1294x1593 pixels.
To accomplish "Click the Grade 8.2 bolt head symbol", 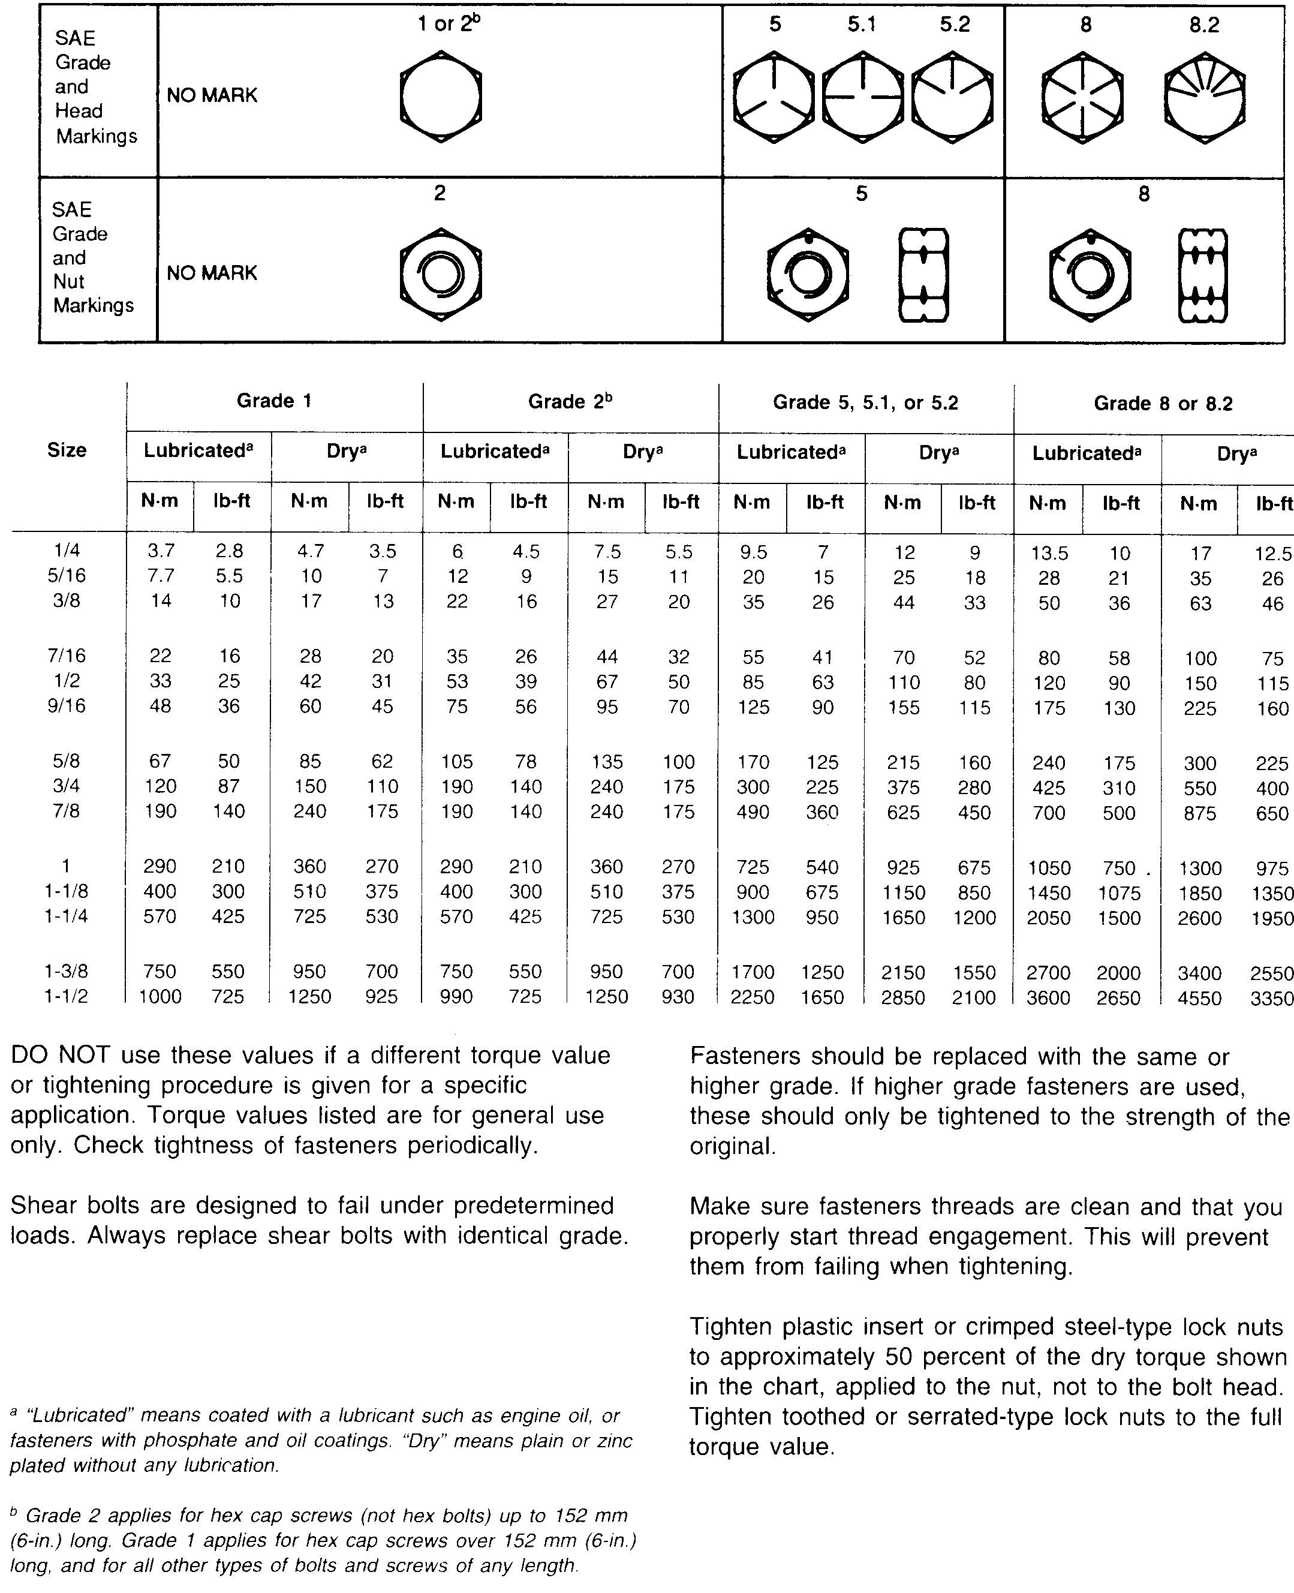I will point(1204,97).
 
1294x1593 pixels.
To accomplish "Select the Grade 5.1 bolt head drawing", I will point(862,97).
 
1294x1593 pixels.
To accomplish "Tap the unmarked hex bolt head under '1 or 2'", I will point(441,97).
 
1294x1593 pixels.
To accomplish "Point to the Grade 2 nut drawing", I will point(441,274).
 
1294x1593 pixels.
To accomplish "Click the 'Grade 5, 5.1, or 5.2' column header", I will point(865,402).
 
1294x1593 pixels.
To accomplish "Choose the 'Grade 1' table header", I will point(273,401).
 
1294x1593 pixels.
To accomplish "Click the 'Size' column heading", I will point(67,450).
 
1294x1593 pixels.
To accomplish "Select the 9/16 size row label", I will point(67,705).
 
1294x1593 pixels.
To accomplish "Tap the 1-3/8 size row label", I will point(67,971).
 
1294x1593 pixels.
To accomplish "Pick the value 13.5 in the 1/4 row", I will point(1049,553).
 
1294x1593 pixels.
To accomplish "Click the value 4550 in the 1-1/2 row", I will point(1199,997).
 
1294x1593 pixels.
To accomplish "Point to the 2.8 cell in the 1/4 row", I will point(229,551).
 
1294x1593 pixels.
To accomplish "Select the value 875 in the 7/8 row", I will point(1199,813).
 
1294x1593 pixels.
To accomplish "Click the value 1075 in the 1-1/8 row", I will point(1119,893).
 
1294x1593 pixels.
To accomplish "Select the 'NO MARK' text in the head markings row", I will point(212,95).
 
